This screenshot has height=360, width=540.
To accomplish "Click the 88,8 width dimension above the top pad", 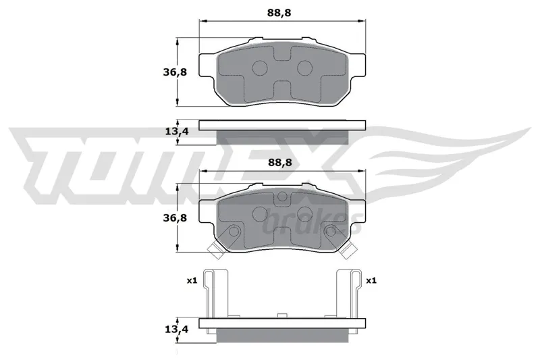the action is [x=279, y=13].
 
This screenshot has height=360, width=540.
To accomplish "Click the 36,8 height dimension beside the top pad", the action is [x=175, y=72].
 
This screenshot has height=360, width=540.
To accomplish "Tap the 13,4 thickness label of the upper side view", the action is [x=177, y=131].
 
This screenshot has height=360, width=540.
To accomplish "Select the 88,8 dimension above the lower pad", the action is [x=279, y=162].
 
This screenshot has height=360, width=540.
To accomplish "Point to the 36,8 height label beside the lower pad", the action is [x=175, y=217].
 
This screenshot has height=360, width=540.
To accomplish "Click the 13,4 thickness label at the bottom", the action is [x=177, y=330].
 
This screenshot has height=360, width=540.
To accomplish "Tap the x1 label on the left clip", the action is [x=192, y=281].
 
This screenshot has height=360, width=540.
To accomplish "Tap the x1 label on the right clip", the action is [x=371, y=281].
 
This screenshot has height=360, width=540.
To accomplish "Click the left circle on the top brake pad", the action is [x=260, y=68].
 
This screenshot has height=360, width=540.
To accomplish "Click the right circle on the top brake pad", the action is [x=305, y=68].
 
